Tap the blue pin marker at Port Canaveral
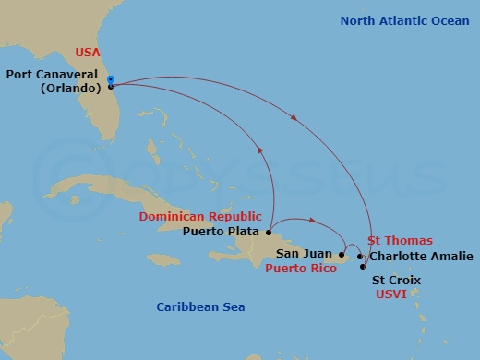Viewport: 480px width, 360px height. coord(110,81)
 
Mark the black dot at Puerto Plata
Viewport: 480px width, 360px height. coord(268,232)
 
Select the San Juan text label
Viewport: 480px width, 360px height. coord(300,254)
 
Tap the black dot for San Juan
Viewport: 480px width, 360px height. coord(341,254)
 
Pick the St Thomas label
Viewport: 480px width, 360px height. coord(402,240)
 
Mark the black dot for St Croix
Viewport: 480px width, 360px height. coord(362,266)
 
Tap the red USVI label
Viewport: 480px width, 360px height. coord(392,294)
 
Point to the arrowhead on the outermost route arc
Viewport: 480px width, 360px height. coord(294,118)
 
